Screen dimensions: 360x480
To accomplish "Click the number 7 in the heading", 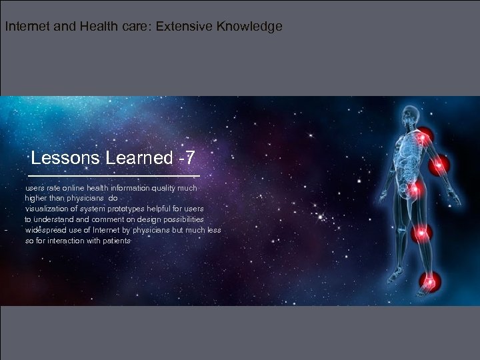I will [x=191, y=158].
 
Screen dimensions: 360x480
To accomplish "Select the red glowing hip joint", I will [x=415, y=191].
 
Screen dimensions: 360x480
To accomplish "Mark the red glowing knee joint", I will [x=421, y=233].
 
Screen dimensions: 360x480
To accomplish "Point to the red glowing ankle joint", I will [x=427, y=281].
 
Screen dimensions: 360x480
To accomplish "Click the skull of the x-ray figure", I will [x=409, y=114].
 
